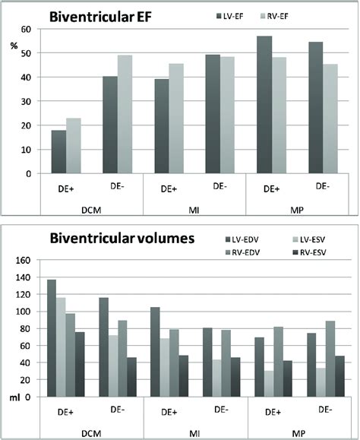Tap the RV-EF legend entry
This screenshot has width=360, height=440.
[289, 14]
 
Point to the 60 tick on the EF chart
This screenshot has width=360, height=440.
[27, 29]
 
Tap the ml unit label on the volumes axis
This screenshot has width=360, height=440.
[12, 397]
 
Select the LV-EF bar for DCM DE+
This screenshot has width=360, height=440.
[59, 151]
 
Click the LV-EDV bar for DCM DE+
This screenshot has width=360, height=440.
[52, 338]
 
